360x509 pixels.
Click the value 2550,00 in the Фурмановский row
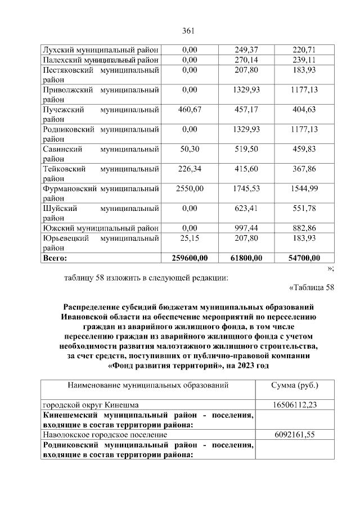coord(190,188)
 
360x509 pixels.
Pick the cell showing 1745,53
coord(246,188)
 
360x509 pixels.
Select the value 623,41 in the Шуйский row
coord(246,208)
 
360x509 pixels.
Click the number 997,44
coord(246,228)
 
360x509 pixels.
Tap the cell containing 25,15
coord(190,238)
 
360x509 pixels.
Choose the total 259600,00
coord(190,258)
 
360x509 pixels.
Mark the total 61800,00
coord(246,258)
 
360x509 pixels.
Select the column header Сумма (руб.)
coord(295,386)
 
